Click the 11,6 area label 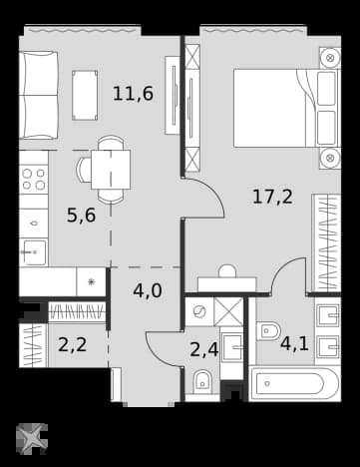point(133,93)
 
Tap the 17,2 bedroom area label point(272,197)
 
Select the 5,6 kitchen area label point(82,216)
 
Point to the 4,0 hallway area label point(148,290)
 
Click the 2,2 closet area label point(72,344)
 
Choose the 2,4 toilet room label point(204,350)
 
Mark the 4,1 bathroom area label point(294,343)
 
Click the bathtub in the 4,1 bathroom point(294,383)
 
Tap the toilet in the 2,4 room point(202,382)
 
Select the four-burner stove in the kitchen point(33,179)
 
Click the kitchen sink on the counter point(33,252)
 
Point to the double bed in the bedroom point(286,108)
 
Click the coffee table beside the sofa point(85,95)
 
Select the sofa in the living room point(38,95)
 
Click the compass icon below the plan point(32,439)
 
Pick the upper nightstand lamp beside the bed point(330,58)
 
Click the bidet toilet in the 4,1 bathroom point(270,331)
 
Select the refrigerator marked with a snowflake point(91,281)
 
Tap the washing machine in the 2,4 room point(199,311)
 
